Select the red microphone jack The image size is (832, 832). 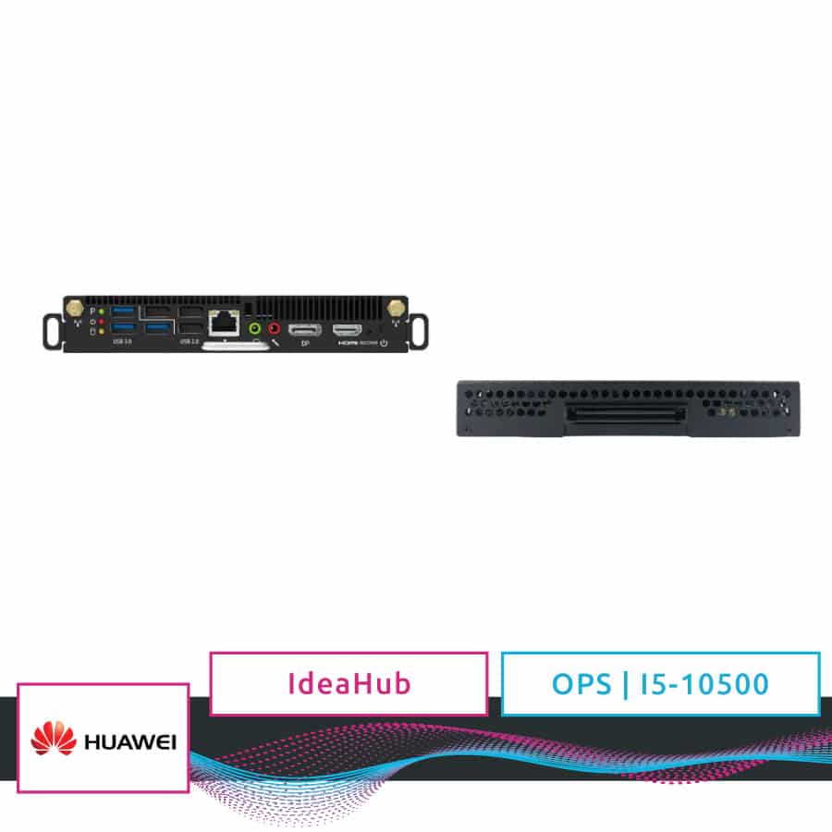click(274, 327)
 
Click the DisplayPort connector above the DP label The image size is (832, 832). click(304, 330)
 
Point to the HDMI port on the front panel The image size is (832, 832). click(348, 330)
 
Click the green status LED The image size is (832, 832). click(102, 312)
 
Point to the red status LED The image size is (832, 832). click(102, 321)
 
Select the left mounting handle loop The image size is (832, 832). click(52, 327)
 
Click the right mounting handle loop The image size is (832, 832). click(419, 327)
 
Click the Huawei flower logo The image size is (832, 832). click(53, 740)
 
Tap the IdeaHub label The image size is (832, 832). click(349, 684)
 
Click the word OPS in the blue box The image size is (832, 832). click(581, 684)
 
